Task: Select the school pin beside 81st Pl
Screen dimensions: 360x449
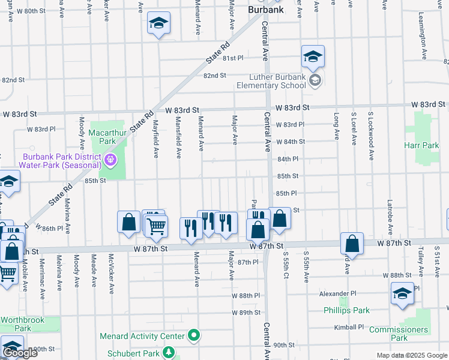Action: click(x=313, y=56)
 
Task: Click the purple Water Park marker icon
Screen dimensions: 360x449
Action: click(x=110, y=160)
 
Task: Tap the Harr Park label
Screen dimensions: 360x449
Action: click(x=422, y=145)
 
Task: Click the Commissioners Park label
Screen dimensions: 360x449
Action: click(x=398, y=334)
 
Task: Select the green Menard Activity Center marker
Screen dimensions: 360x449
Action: click(x=193, y=335)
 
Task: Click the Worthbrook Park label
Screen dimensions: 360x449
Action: click(x=22, y=324)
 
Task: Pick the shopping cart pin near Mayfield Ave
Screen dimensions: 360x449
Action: click(x=156, y=226)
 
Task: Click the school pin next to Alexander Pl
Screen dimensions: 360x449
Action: click(x=402, y=293)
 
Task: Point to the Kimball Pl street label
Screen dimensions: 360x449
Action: click(x=349, y=328)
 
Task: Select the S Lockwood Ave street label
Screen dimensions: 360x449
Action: click(x=371, y=128)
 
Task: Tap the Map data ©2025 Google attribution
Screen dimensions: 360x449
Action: click(x=411, y=355)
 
